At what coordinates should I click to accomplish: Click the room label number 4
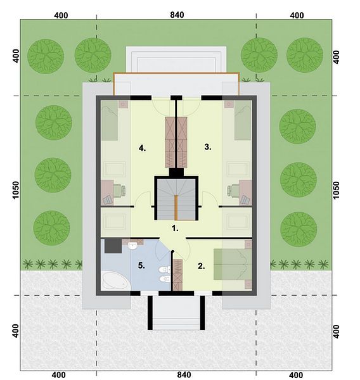[142, 148]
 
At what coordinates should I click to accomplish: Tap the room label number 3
[208, 147]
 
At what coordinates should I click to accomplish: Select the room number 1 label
[175, 228]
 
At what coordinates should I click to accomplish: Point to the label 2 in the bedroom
[202, 266]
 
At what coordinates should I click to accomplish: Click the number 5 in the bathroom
[141, 265]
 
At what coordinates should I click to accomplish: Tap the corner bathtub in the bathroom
[115, 281]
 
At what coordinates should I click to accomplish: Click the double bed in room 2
[233, 264]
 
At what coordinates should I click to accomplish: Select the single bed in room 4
[110, 120]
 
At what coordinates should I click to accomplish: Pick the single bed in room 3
[243, 120]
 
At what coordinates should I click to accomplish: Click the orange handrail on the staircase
[176, 208]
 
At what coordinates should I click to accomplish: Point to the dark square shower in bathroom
[113, 246]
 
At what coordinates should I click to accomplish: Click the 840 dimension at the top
[177, 15]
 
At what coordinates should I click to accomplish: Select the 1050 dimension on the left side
[16, 190]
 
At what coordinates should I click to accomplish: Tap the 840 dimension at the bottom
[184, 375]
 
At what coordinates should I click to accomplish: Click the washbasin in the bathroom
[132, 246]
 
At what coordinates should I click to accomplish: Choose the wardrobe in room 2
[177, 275]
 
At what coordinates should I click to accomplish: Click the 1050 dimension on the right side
[336, 191]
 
